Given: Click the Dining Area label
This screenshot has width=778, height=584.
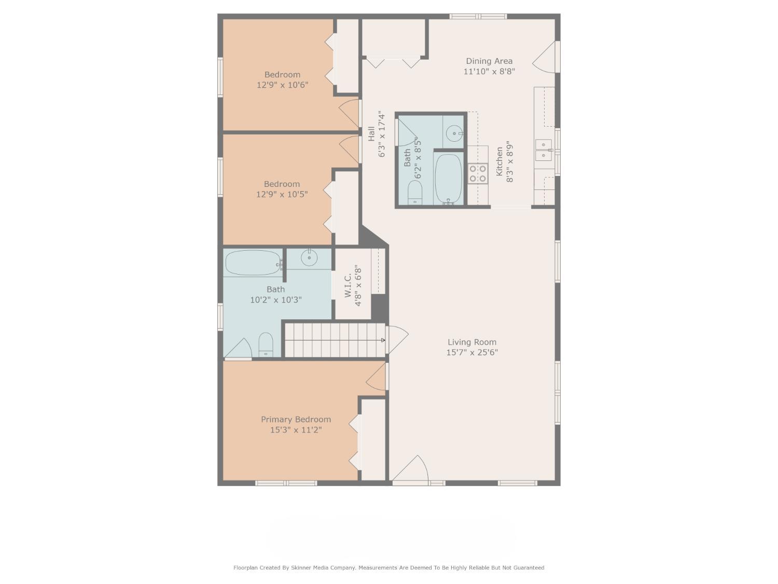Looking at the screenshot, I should pyautogui.click(x=489, y=61).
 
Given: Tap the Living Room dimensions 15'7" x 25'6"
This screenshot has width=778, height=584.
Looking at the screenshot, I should pyautogui.click(x=472, y=352).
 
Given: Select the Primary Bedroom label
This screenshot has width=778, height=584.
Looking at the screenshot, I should pyautogui.click(x=296, y=419).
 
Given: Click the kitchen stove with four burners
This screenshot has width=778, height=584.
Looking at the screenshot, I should pyautogui.click(x=478, y=174).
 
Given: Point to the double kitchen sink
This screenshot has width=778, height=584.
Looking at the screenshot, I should pyautogui.click(x=543, y=150).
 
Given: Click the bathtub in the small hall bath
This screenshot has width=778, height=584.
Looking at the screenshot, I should pyautogui.click(x=448, y=178).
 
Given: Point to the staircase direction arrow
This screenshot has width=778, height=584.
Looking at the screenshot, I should pyautogui.click(x=383, y=340).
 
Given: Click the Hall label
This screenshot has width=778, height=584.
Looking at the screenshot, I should pyautogui.click(x=371, y=134).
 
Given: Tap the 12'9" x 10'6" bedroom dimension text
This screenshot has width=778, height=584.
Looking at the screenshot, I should pyautogui.click(x=282, y=85).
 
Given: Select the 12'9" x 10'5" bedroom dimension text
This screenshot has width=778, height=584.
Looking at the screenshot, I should pyautogui.click(x=282, y=195).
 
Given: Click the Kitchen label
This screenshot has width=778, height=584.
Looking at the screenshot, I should pyautogui.click(x=499, y=161).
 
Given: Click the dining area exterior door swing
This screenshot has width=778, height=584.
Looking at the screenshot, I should pyautogui.click(x=546, y=57).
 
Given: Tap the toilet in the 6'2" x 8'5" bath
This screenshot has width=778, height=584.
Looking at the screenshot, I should pyautogui.click(x=415, y=193).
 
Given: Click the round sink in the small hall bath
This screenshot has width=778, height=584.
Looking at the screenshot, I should pyautogui.click(x=455, y=133).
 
